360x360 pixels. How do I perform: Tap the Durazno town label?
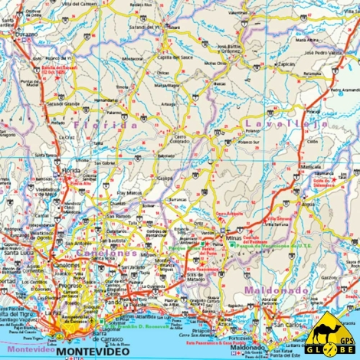pyautogui.click(x=22, y=34)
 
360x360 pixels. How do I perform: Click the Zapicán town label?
pyautogui.click(x=286, y=64)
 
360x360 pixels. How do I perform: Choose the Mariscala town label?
pyautogui.click(x=310, y=166)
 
